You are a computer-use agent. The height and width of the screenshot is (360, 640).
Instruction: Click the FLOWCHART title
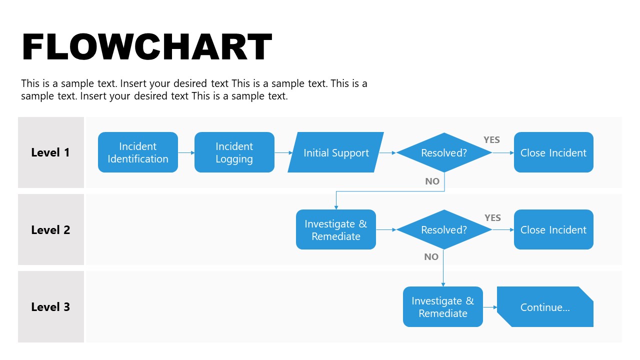point(147,47)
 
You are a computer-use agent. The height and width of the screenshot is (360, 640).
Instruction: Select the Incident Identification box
point(138,152)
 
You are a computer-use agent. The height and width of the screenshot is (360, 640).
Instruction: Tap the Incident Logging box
point(234,152)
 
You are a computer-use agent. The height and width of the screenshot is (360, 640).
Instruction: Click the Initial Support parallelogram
point(336,152)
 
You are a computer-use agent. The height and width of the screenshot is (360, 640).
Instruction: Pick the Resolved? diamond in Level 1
point(444,152)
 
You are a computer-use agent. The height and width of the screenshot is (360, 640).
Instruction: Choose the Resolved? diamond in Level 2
point(444,230)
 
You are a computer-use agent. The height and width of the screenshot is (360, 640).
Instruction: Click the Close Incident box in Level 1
point(553,152)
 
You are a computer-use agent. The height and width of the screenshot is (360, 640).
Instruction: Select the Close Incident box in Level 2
point(553,230)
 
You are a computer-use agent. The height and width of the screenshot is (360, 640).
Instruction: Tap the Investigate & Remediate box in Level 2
point(336,230)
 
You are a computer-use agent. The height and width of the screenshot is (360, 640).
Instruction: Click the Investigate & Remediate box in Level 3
point(443,307)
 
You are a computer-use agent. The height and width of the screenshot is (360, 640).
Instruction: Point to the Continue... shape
point(545,307)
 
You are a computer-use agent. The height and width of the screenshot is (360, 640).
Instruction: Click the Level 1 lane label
point(50,152)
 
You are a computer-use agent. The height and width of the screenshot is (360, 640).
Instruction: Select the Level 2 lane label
point(50,230)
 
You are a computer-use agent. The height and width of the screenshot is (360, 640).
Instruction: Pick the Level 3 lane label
point(50,307)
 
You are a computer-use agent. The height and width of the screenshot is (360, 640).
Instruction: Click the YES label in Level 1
point(491,140)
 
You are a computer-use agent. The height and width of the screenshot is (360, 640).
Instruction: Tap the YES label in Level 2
point(492,217)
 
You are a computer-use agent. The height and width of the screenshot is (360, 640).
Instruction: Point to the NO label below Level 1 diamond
point(432,181)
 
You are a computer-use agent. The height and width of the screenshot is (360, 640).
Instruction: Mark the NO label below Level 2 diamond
point(431,257)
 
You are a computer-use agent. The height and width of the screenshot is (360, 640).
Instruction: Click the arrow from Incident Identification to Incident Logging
point(186,152)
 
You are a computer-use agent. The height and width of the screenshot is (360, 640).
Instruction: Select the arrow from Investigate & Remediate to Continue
point(490,307)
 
